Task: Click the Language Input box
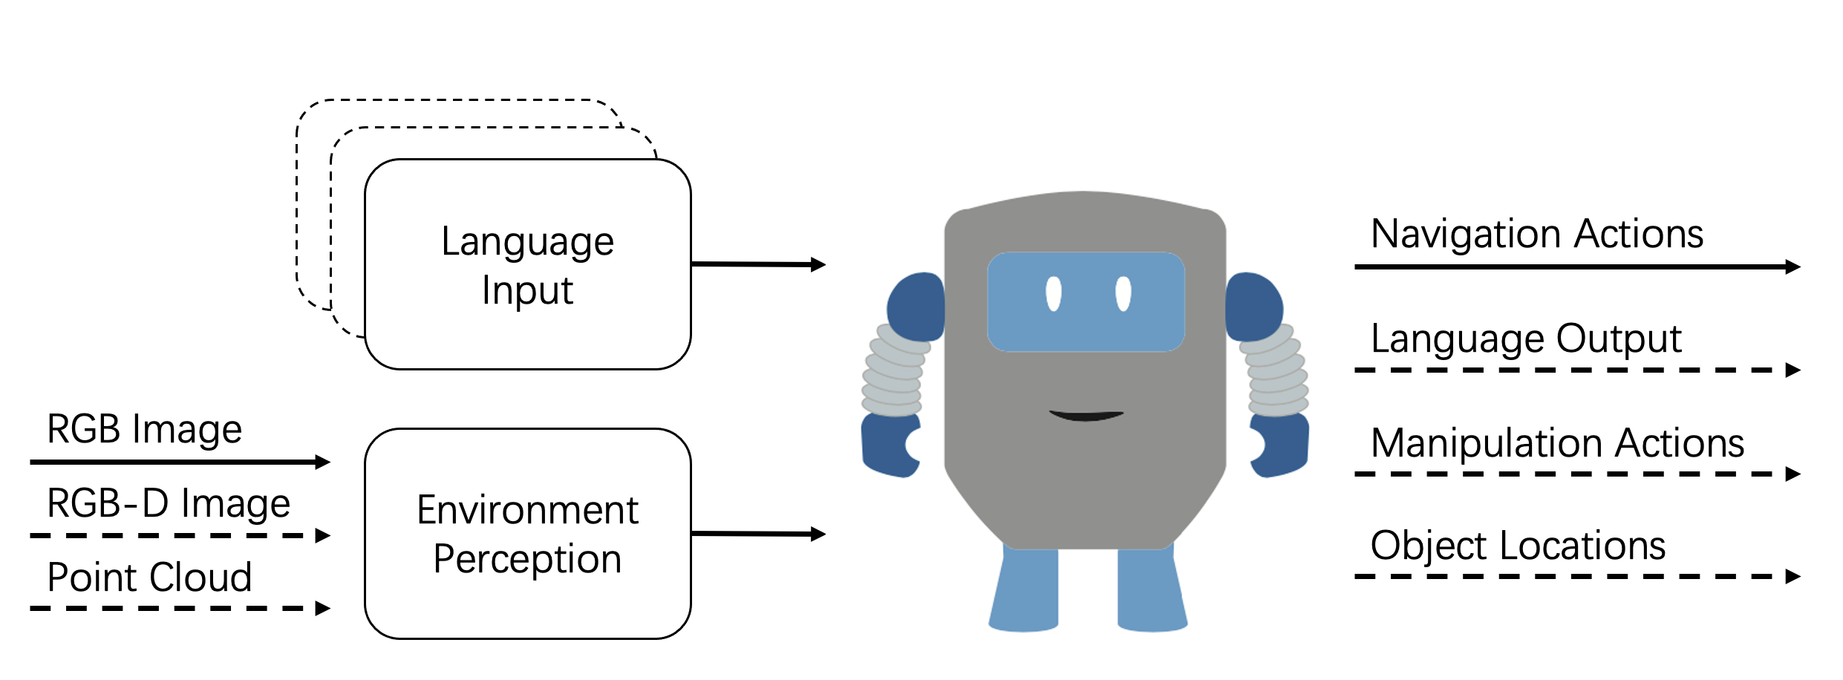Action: [527, 264]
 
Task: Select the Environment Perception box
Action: [527, 534]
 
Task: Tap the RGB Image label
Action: [144, 429]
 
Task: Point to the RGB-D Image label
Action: [168, 503]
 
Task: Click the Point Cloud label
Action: [149, 577]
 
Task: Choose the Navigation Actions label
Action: [1536, 234]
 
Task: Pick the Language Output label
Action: [1525, 339]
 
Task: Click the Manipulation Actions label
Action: [1556, 443]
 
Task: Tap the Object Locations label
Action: [1518, 546]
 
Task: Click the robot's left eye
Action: [1053, 293]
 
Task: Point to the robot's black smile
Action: [1086, 416]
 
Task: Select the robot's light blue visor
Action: [1086, 327]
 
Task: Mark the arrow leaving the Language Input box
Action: [757, 264]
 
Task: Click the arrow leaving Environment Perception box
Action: [757, 534]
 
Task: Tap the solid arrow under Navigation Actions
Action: [1576, 267]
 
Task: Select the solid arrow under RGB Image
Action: [180, 462]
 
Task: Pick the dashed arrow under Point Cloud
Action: [180, 609]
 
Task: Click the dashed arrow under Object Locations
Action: [1576, 576]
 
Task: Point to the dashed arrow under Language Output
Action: [1576, 370]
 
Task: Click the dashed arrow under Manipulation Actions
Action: [1576, 474]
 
